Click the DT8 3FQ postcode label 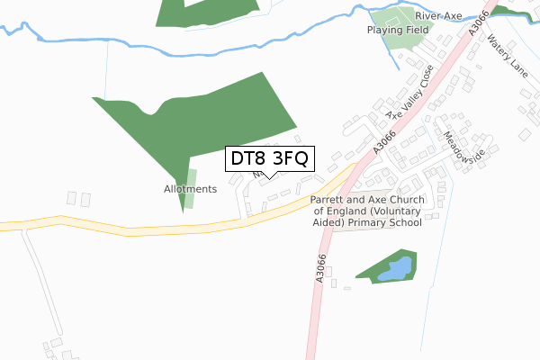[270, 158]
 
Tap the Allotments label [190, 189]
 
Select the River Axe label [437, 16]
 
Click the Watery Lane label [505, 55]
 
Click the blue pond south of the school [396, 268]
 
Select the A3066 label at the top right [479, 23]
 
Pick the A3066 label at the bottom [322, 267]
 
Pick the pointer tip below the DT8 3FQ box [270, 177]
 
